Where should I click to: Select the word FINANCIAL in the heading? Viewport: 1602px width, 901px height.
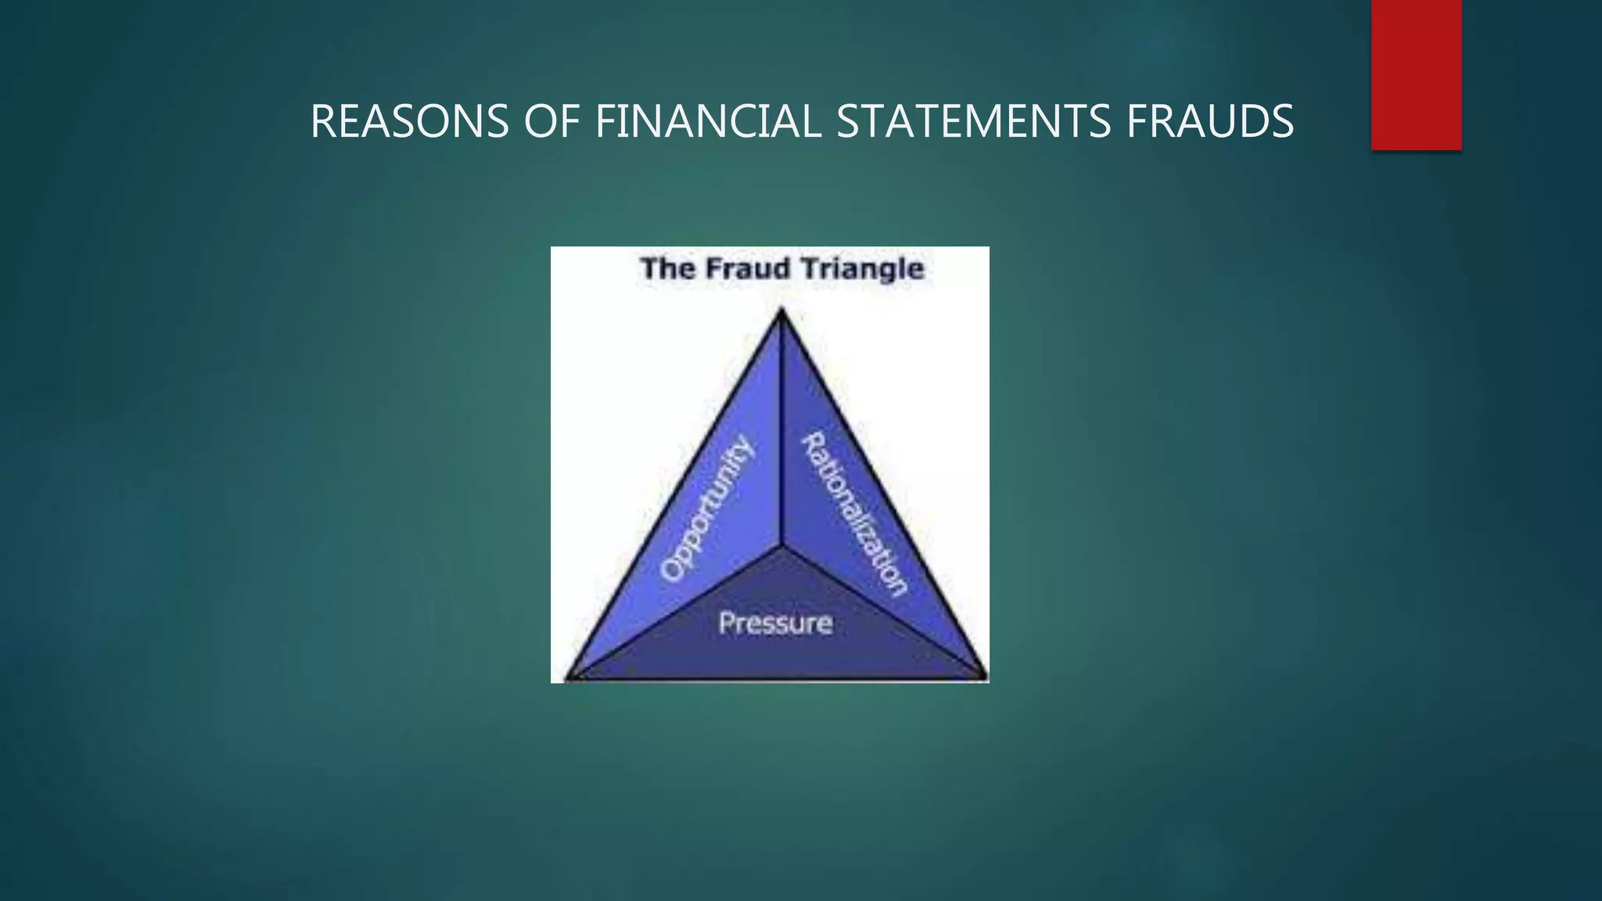click(x=708, y=122)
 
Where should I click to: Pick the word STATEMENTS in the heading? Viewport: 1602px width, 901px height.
click(x=973, y=122)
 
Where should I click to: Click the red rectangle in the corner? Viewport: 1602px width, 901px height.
click(x=1416, y=74)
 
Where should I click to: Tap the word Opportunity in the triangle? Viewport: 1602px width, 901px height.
click(x=707, y=509)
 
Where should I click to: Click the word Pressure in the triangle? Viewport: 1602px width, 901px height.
click(x=775, y=623)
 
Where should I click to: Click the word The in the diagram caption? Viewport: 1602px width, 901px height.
click(x=666, y=268)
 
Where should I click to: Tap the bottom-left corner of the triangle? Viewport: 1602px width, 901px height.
click(x=569, y=677)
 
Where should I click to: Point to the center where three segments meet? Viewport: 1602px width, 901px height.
click(x=781, y=544)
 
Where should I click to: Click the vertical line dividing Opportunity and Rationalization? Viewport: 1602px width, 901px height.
click(x=781, y=430)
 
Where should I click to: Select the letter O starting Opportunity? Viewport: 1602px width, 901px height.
click(x=671, y=569)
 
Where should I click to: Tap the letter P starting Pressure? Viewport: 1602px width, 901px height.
click(x=726, y=623)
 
